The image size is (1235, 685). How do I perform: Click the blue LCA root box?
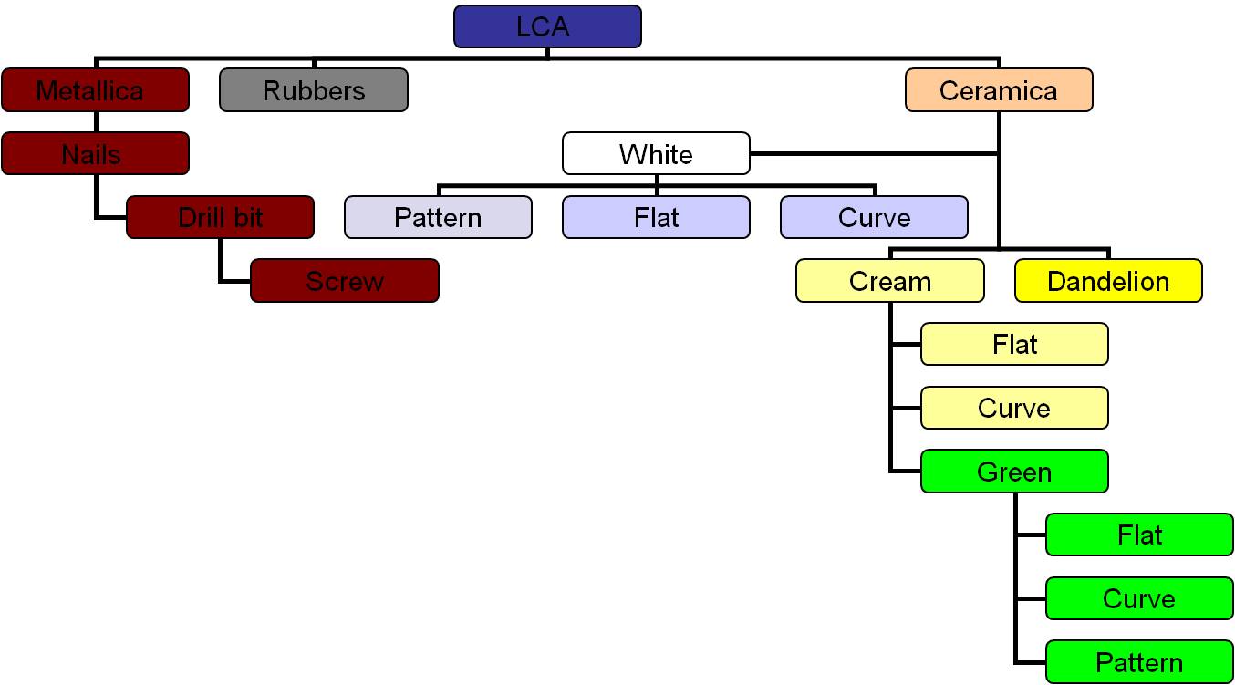coord(547,26)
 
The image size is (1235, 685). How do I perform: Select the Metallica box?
coord(95,90)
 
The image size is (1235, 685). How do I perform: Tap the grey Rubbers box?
coord(313,90)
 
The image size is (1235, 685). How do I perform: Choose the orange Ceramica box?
coord(999,90)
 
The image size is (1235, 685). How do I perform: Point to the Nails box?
coord(95,153)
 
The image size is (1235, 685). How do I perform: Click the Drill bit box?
coord(220,217)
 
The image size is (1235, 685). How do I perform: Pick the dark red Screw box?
coord(344,281)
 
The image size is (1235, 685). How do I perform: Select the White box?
coord(656,153)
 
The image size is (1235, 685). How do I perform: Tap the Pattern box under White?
coord(438,217)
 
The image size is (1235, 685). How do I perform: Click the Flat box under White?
coord(656,217)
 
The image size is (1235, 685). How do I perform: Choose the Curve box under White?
coord(874,217)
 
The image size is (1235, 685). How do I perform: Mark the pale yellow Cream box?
coord(889,281)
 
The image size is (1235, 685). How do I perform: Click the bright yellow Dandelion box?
coord(1108,281)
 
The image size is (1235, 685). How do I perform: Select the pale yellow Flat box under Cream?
coord(1014,344)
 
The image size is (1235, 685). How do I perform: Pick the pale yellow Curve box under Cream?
coord(1014,408)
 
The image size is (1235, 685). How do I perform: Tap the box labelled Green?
coord(1014,472)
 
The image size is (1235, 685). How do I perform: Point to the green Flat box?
coord(1139,535)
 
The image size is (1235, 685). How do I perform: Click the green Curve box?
coord(1139,598)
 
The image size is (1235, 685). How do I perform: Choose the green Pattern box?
coord(1139,662)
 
